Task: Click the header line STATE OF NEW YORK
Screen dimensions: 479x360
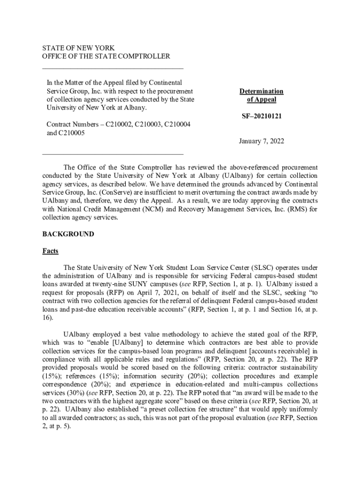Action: (x=78, y=48)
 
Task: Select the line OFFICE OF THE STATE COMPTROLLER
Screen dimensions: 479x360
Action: (x=106, y=57)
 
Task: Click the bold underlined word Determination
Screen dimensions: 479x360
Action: (x=261, y=91)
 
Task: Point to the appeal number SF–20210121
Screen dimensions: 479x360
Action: (x=261, y=116)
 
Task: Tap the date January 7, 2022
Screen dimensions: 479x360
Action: (x=261, y=141)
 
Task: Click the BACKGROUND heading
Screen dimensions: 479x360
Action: (x=68, y=234)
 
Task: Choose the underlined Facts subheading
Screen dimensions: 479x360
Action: (x=50, y=251)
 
